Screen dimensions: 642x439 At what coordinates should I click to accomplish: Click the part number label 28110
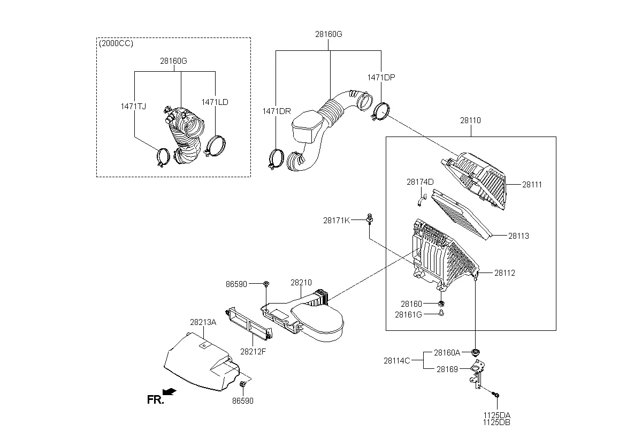click(x=470, y=120)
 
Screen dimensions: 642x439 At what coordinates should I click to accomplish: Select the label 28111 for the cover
click(x=532, y=185)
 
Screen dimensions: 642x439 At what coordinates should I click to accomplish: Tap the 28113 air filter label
click(x=518, y=236)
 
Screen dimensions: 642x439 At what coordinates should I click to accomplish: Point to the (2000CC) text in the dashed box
click(x=116, y=43)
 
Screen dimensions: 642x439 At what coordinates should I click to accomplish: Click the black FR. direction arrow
click(x=170, y=391)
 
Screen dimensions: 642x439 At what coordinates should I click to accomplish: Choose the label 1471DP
click(x=381, y=78)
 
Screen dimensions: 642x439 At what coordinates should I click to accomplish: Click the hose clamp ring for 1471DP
click(x=381, y=112)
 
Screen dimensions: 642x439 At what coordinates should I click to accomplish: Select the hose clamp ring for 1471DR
click(x=276, y=159)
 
